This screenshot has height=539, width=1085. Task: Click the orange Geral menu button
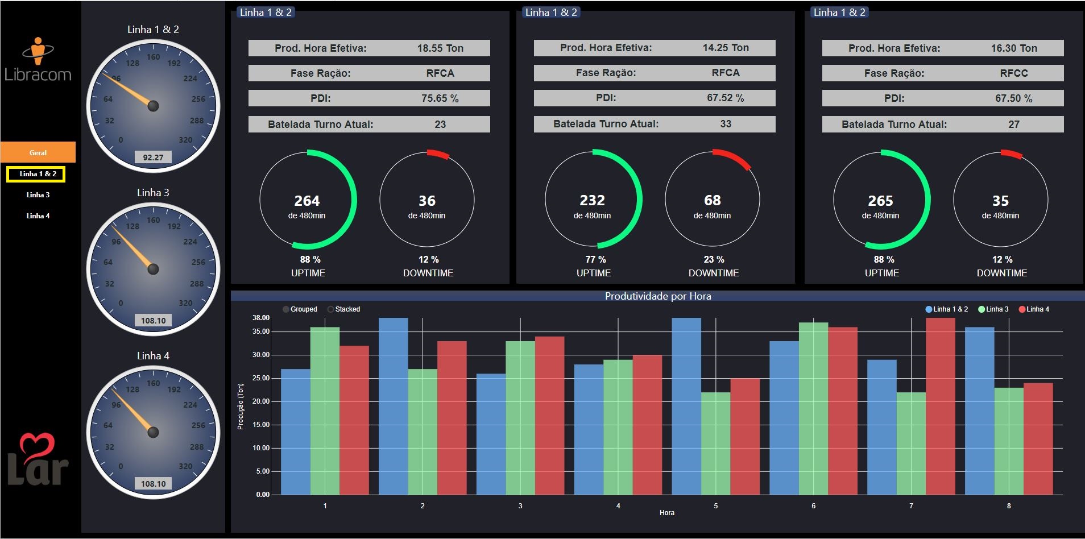(x=38, y=152)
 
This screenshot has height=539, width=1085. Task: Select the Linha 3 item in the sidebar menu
(x=38, y=195)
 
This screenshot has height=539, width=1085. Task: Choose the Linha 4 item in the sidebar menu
(x=38, y=216)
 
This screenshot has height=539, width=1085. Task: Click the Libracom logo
(x=38, y=60)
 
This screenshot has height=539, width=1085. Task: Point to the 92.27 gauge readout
(x=153, y=157)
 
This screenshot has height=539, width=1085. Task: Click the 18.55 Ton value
(x=440, y=48)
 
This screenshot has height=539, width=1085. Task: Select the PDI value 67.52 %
(x=725, y=98)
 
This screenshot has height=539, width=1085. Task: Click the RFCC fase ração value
(x=1013, y=73)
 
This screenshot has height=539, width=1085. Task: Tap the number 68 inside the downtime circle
(x=712, y=200)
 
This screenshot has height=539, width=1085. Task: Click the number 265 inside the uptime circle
(x=880, y=201)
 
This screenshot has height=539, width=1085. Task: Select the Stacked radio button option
(x=331, y=309)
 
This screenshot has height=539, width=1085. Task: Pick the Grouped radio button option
(x=286, y=309)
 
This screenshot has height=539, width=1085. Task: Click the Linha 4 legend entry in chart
(x=1034, y=309)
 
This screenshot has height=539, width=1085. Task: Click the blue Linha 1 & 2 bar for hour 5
(x=686, y=407)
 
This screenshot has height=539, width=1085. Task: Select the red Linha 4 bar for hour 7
(x=941, y=407)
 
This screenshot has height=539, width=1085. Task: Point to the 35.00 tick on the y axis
(x=261, y=331)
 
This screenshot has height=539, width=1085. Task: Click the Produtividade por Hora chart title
(x=658, y=296)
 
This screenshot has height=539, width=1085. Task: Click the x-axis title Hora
(x=666, y=513)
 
